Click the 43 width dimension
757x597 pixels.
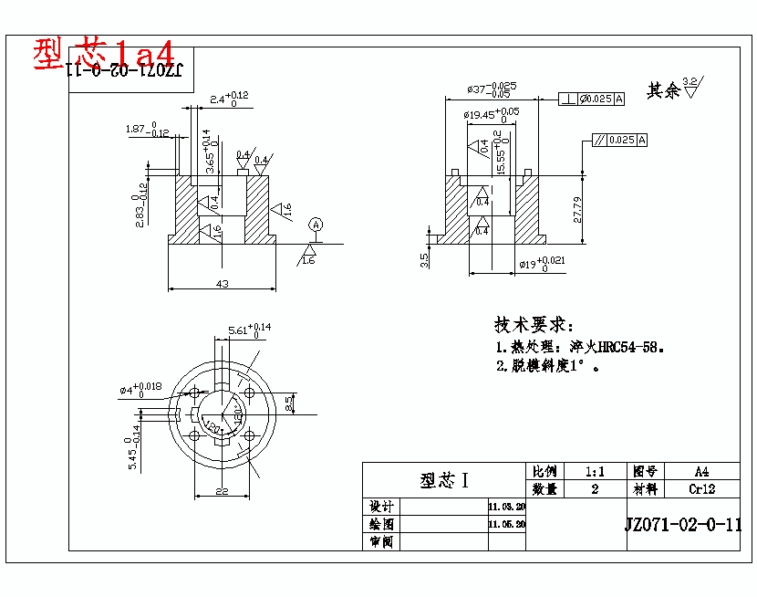[222, 283]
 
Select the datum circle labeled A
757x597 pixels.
[316, 224]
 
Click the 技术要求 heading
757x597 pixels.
[534, 326]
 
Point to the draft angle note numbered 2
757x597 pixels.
[547, 367]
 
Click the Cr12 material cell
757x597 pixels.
[701, 489]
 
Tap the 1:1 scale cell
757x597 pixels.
[596, 472]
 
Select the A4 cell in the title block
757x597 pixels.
[701, 472]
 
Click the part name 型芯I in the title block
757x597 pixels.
[444, 480]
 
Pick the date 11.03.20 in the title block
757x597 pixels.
[507, 507]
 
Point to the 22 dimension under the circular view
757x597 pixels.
[222, 491]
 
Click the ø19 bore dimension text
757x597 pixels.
[542, 265]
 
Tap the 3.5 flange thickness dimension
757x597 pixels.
[425, 260]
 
